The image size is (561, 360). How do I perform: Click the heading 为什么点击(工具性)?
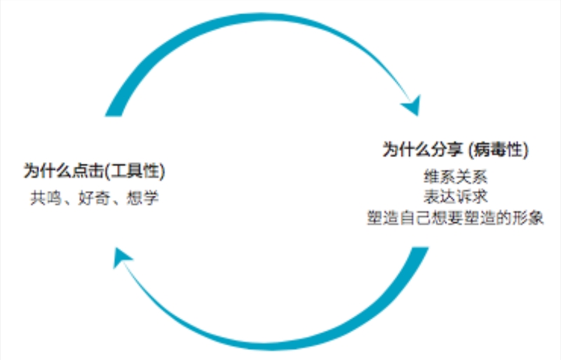94,171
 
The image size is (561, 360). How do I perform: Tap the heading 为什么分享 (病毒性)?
455,149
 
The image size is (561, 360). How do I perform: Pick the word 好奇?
94,198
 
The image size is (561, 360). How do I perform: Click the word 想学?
142,198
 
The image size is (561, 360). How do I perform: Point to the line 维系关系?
455,177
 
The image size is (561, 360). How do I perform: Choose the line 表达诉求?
455,196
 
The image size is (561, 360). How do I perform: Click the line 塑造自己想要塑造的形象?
455,218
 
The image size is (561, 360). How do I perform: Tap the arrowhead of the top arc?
412,106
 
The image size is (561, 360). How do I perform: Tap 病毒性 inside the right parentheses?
498,149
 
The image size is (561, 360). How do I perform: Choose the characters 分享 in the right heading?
447,149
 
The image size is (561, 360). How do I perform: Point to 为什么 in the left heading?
48,171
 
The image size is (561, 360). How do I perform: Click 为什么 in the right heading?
407,149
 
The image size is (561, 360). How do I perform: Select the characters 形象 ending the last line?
528,218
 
